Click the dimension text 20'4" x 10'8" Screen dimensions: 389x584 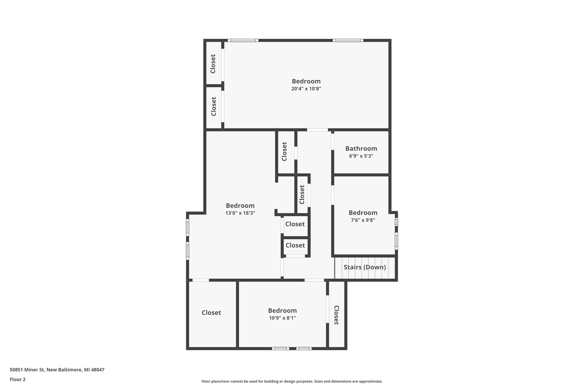(x=306, y=89)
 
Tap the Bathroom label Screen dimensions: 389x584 (x=361, y=148)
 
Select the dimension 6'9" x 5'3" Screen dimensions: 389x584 (x=361, y=156)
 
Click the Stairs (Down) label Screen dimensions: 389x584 (x=365, y=267)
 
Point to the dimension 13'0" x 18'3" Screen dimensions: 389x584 (x=240, y=213)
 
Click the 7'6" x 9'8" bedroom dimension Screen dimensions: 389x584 (x=363, y=220)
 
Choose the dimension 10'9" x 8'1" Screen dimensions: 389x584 (x=282, y=318)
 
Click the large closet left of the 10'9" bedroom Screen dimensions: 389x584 (x=211, y=313)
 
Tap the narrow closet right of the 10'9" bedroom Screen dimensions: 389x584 (x=336, y=315)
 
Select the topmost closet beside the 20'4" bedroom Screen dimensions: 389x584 (x=213, y=64)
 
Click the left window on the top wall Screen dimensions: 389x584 (x=243, y=40)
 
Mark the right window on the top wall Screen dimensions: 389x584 (x=348, y=40)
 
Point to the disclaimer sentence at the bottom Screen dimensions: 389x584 (x=292, y=381)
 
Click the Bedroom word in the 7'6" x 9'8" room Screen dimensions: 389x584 (x=363, y=213)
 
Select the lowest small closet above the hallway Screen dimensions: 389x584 (x=295, y=245)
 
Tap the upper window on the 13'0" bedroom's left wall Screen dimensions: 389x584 (x=188, y=227)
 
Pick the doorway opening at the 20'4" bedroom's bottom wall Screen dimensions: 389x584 (x=317, y=130)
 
